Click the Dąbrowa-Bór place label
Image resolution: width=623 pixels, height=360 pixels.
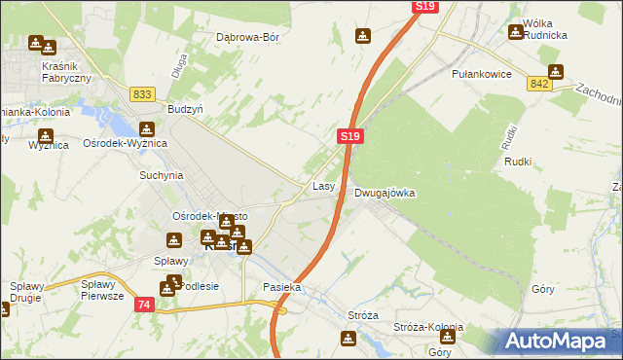[247, 38]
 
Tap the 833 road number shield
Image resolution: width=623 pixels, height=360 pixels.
[142, 93]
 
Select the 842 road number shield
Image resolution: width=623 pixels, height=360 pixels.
[541, 85]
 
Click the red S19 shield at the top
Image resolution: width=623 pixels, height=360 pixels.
[423, 7]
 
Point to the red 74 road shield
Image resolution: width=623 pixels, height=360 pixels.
[144, 305]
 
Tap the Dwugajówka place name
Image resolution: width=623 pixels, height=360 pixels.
[385, 193]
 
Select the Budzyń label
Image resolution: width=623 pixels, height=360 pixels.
[185, 110]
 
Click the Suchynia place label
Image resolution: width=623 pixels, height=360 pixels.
[162, 176]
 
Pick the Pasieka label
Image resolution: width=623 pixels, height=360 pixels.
[282, 288]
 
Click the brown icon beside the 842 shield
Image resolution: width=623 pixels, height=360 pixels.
[555, 71]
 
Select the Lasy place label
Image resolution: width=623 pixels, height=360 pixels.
[324, 185]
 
